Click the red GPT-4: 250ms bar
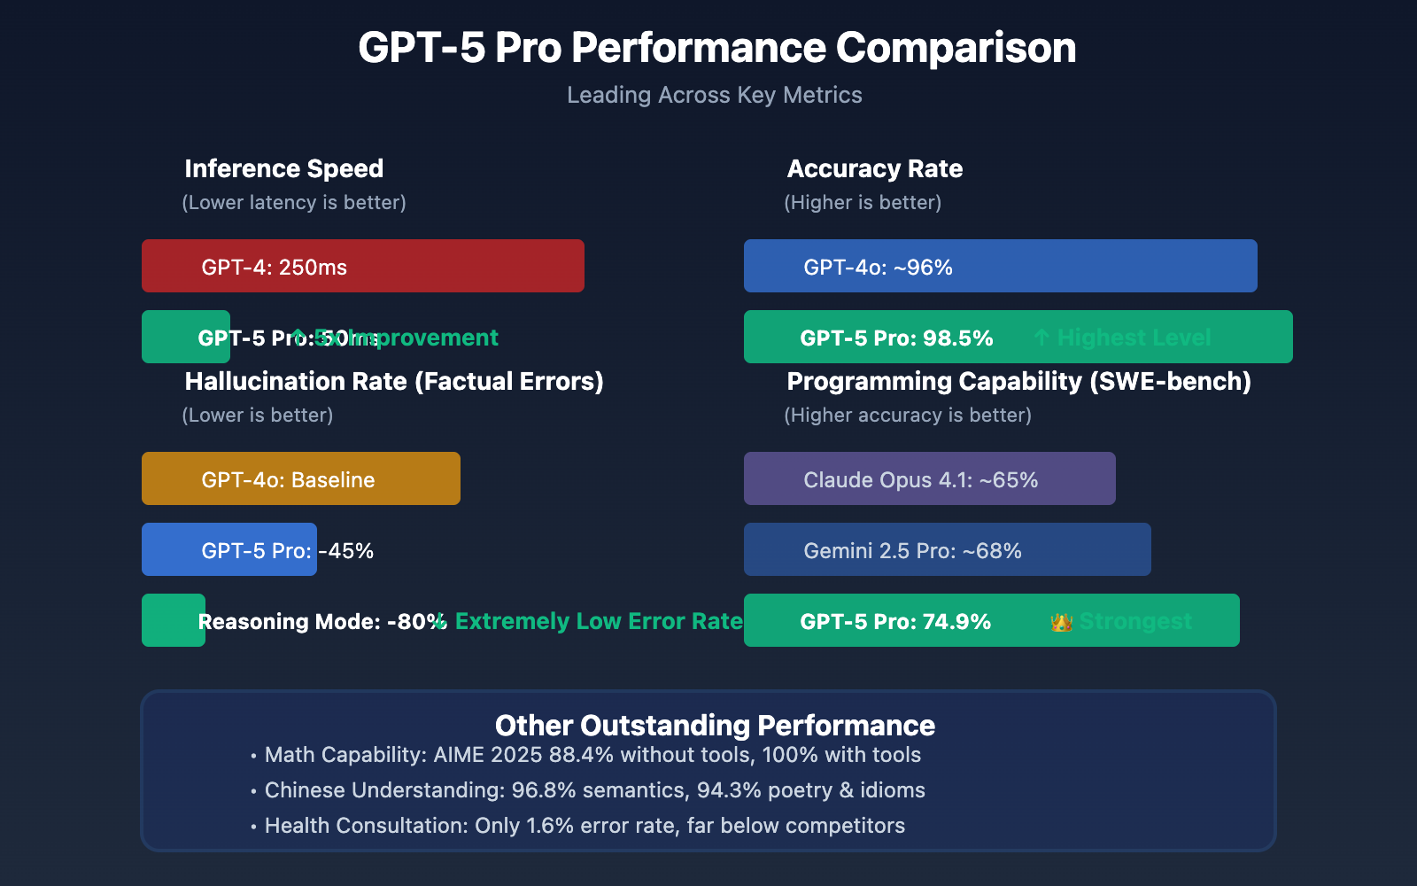(363, 266)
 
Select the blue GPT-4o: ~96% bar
(1001, 266)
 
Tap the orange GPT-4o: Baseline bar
(301, 478)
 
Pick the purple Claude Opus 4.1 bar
(930, 478)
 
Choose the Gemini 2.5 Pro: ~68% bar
(948, 549)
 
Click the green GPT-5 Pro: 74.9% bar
(992, 620)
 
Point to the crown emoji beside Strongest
(1061, 622)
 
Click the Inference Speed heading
(283, 168)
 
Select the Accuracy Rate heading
(874, 168)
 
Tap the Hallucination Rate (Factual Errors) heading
(394, 381)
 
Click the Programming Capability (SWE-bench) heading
(1018, 381)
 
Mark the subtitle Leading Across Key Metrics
(714, 95)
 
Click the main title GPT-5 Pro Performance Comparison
(716, 48)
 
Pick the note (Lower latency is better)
(294, 202)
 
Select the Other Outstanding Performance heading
(715, 725)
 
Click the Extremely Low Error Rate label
(598, 621)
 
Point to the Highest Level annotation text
(1134, 338)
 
